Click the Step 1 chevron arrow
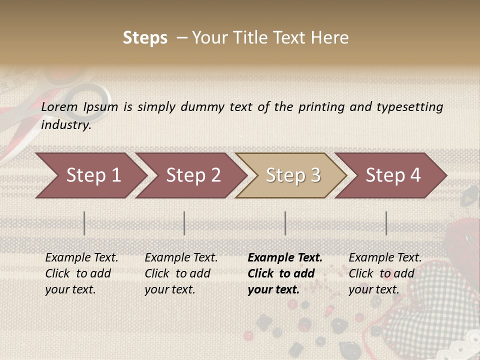click(x=90, y=175)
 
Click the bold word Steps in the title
click(x=145, y=38)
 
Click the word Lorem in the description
click(x=59, y=106)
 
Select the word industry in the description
click(x=66, y=124)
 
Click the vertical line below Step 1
click(x=84, y=223)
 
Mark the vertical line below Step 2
click(x=184, y=223)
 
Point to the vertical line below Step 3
click(x=285, y=223)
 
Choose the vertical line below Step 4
click(x=386, y=223)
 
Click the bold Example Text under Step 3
click(x=285, y=257)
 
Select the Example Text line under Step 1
click(x=81, y=257)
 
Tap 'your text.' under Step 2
click(x=170, y=289)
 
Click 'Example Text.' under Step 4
click(x=385, y=257)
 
